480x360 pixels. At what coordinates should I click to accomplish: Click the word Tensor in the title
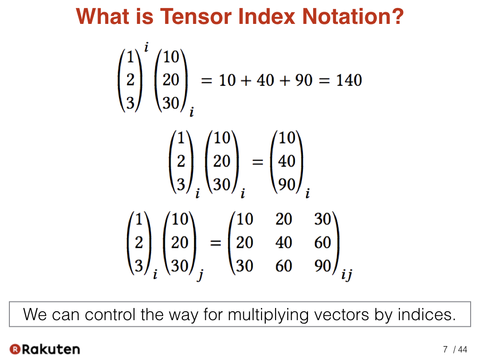196,16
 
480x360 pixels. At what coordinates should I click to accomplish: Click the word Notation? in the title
353,16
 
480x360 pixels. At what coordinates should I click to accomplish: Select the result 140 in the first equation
349,80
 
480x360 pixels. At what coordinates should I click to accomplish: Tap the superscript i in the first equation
146,47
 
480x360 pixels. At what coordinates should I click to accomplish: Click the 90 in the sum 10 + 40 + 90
304,80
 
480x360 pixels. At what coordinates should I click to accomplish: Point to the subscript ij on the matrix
346,275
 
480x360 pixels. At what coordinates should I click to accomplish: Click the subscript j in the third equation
201,275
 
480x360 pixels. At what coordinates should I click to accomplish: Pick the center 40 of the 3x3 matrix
284,242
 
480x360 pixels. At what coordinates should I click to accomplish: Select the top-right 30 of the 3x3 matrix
322,219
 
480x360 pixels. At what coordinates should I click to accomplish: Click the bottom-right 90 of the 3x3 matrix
322,266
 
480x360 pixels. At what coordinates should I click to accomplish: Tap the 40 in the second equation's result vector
286,161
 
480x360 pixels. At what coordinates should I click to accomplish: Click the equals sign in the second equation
257,162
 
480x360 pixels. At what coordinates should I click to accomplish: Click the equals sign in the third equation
216,244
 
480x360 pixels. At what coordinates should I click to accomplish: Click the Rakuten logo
45,349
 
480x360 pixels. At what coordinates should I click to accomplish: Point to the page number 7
445,349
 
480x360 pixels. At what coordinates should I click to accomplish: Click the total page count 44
463,349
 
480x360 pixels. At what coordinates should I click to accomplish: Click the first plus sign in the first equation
246,81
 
